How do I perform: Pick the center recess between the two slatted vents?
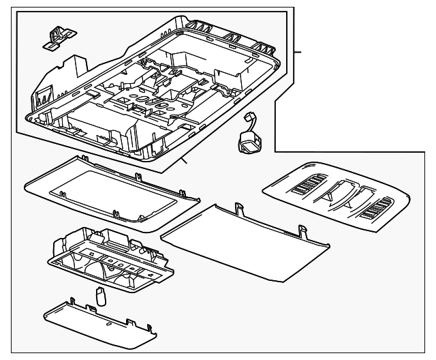pos(341,194)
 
